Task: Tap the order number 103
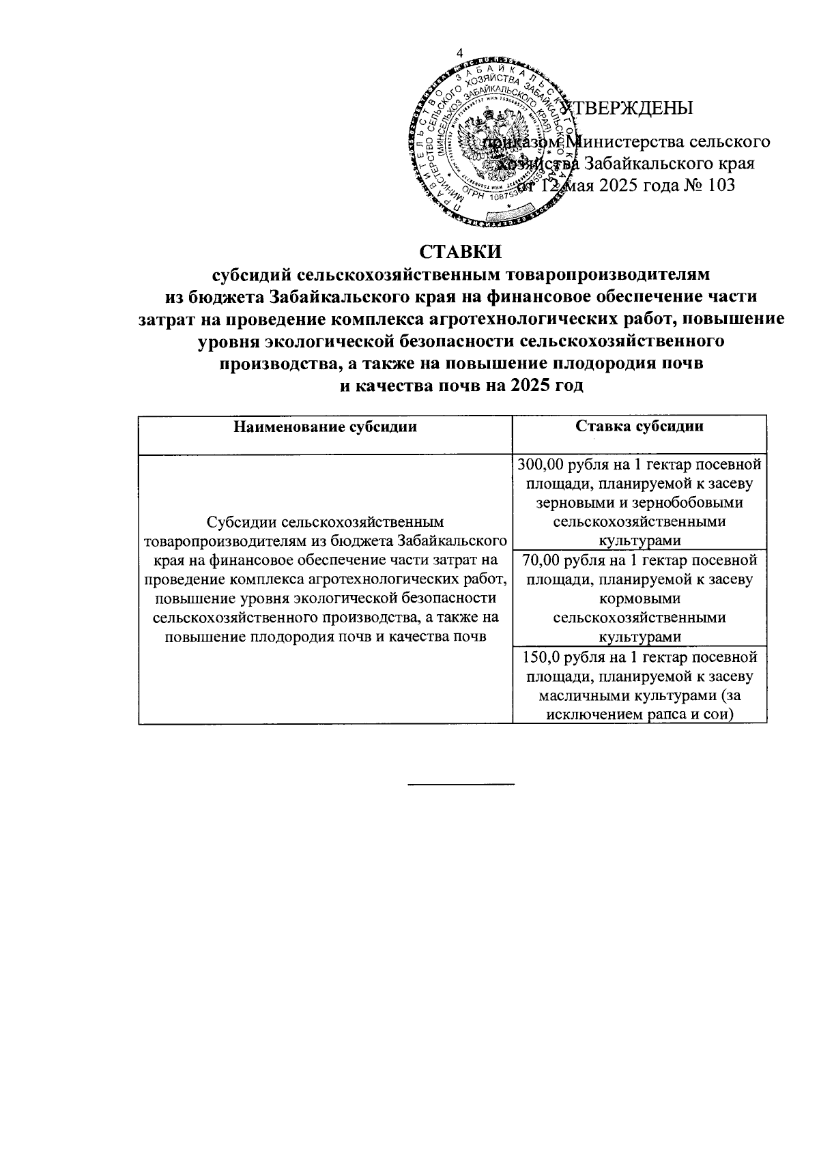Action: [x=721, y=185]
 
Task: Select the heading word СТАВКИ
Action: [x=461, y=251]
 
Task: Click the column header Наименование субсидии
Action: [x=325, y=427]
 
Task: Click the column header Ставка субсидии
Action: [x=639, y=427]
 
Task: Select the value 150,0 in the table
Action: [x=542, y=657]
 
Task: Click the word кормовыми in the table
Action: [x=640, y=598]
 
